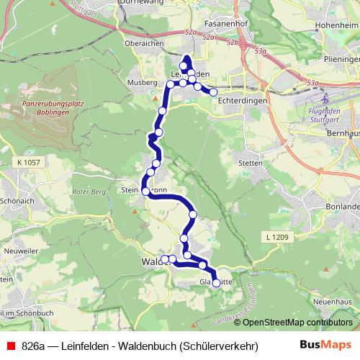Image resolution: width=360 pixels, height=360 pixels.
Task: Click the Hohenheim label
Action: pos(336,24)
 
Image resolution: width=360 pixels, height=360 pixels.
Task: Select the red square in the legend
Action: pos(11,346)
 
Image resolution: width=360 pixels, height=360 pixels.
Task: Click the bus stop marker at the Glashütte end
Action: pos(216,283)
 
